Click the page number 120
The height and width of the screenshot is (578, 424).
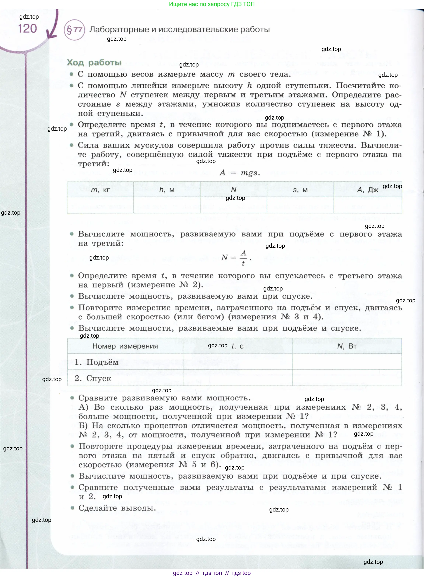click(27, 29)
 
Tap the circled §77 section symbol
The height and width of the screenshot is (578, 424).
click(74, 30)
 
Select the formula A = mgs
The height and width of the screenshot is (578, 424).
click(240, 173)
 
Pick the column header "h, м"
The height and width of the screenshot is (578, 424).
click(167, 190)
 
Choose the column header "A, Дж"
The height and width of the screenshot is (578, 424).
click(368, 190)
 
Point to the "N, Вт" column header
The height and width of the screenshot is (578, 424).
click(347, 346)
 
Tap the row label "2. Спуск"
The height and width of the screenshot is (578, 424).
click(93, 378)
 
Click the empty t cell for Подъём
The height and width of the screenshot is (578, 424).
click(237, 362)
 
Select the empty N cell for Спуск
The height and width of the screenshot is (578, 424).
click(347, 378)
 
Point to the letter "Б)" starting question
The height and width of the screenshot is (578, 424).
click(83, 426)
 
